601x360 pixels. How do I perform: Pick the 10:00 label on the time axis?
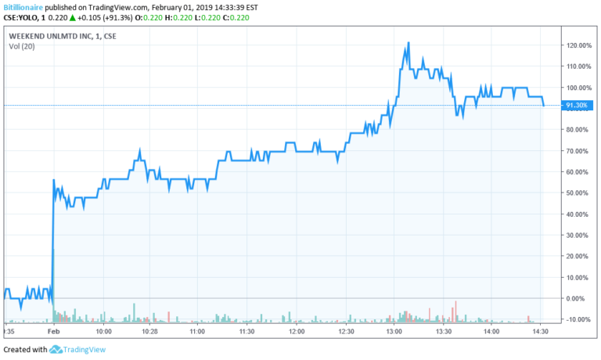click(104, 332)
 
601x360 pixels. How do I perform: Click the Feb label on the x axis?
click(53, 332)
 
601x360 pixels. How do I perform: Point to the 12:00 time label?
click(297, 332)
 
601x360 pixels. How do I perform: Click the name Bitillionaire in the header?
click(23, 5)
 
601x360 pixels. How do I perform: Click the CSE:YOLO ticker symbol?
click(22, 17)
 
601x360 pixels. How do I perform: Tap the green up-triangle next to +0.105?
click(72, 17)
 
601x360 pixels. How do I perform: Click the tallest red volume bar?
click(455, 311)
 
